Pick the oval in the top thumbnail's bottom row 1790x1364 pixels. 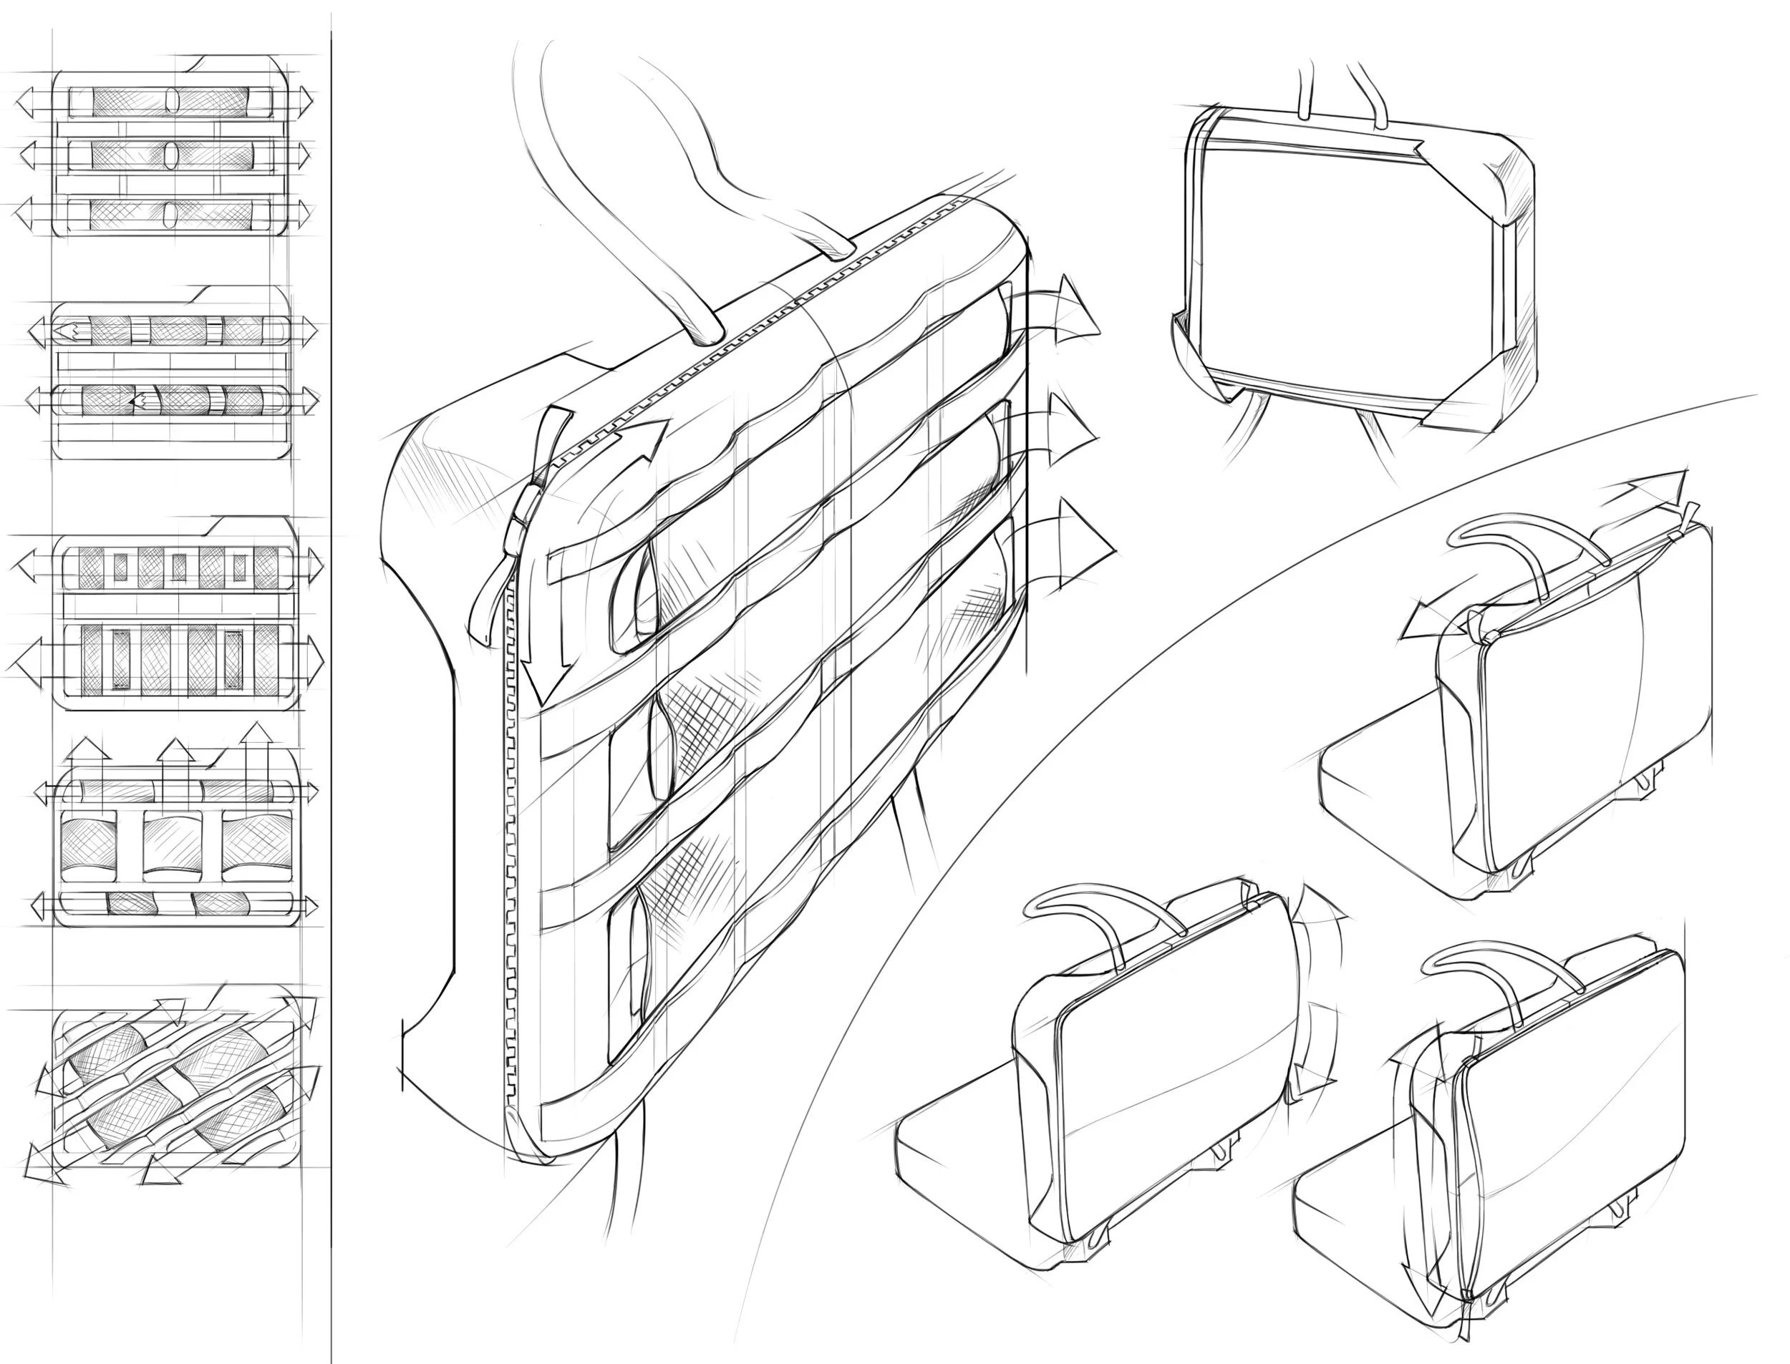point(170,213)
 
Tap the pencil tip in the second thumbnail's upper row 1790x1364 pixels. point(67,331)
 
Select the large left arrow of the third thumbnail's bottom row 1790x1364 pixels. point(32,663)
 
